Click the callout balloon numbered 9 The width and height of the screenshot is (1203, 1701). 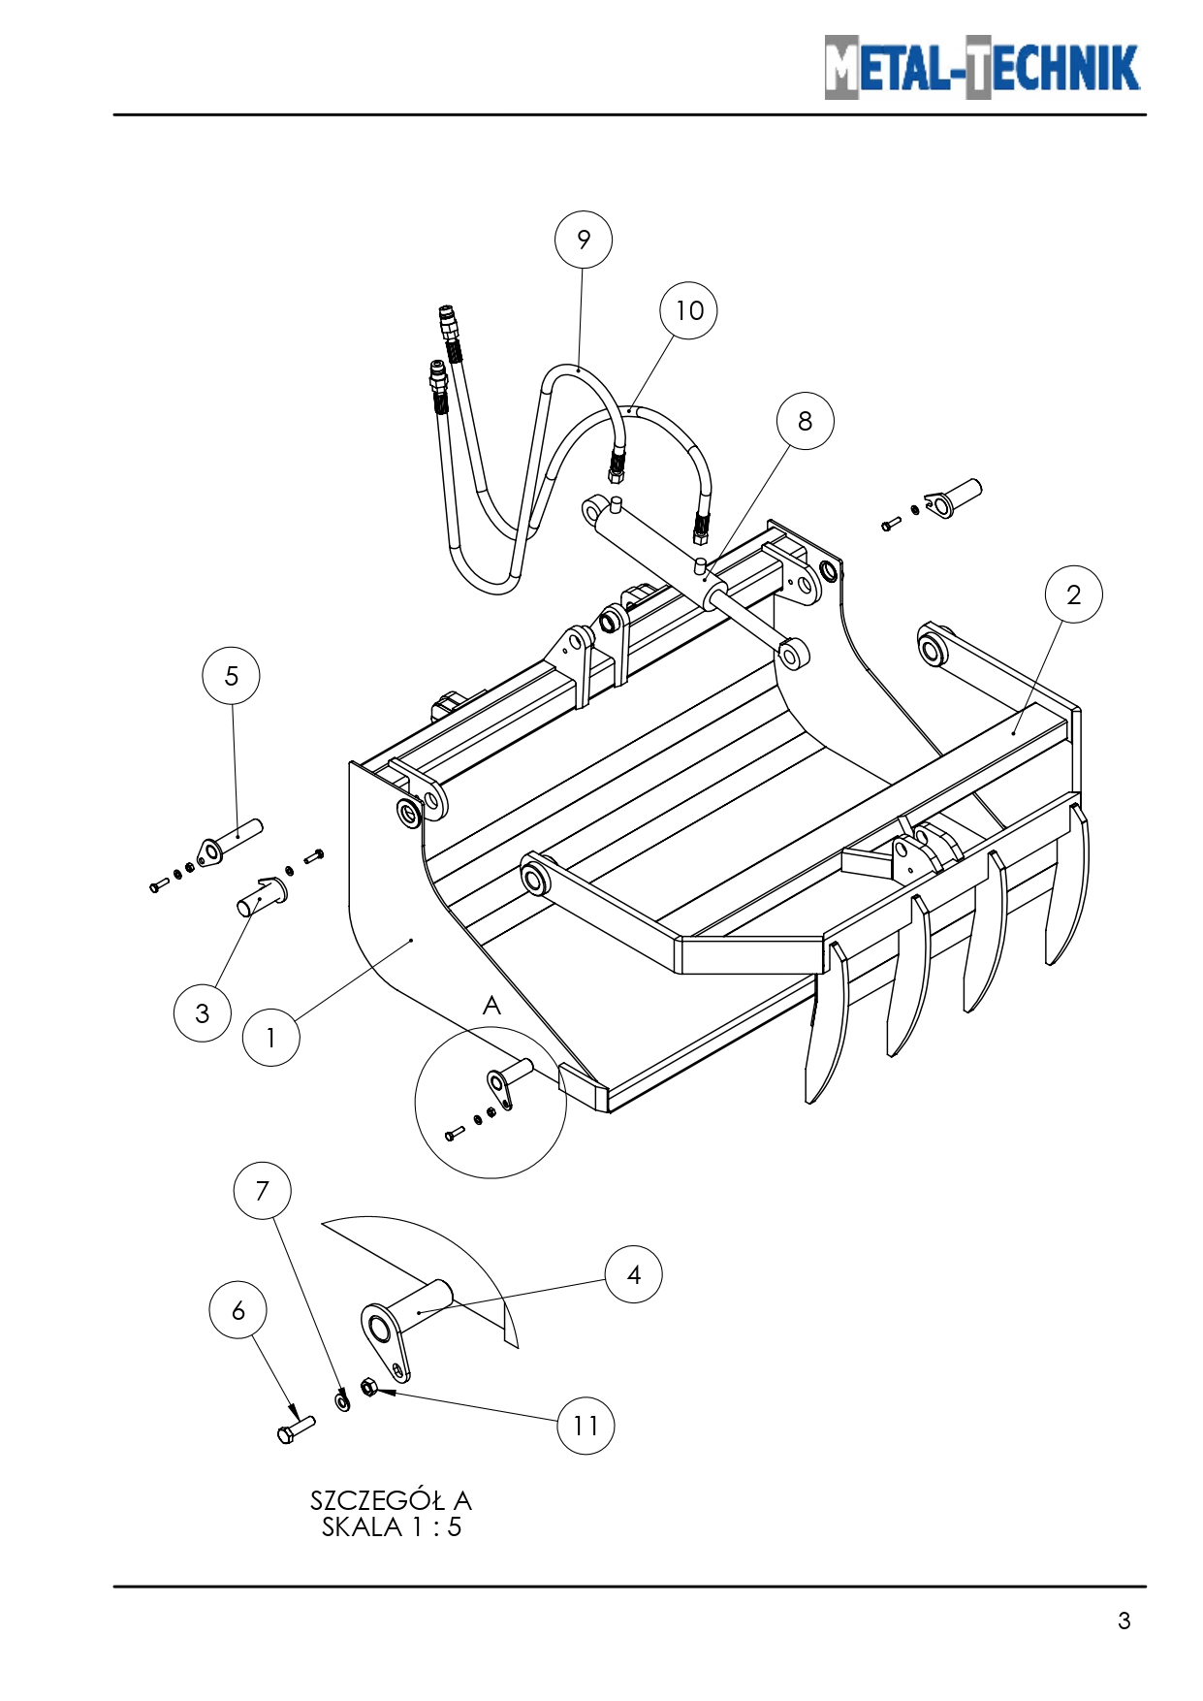click(583, 240)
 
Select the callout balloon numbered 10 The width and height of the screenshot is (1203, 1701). click(688, 310)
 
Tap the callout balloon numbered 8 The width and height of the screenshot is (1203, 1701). click(805, 421)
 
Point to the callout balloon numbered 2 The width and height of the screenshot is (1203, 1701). click(1073, 594)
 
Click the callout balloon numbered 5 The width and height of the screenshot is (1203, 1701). click(231, 676)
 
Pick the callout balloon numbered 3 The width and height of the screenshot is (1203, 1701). click(202, 1013)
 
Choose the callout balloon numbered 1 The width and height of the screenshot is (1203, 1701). click(270, 1038)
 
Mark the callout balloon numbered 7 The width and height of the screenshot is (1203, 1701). click(262, 1191)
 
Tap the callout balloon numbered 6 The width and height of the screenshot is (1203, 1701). click(237, 1311)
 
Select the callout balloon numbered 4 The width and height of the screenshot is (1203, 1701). click(633, 1274)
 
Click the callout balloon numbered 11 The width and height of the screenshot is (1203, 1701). click(586, 1426)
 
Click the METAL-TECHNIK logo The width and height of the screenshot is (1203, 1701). click(982, 68)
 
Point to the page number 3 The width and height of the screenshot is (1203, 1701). click(1124, 1621)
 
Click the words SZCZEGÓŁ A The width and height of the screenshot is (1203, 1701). click(391, 1500)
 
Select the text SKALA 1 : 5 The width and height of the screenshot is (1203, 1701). click(391, 1527)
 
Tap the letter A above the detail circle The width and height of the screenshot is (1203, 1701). click(491, 1006)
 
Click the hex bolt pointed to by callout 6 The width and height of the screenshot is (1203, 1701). click(296, 1429)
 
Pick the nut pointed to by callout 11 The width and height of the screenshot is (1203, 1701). click(368, 1387)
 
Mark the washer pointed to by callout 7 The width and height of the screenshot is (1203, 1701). click(342, 1400)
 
